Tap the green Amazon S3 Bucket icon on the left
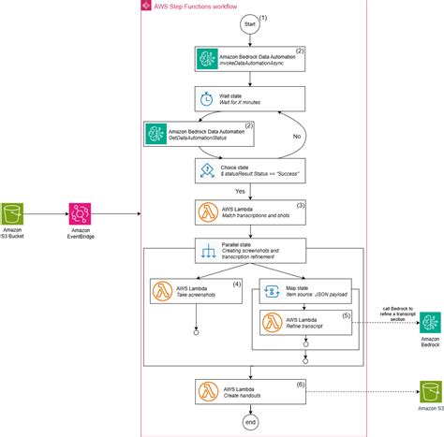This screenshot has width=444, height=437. (14, 213)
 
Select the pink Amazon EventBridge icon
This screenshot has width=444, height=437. (80, 213)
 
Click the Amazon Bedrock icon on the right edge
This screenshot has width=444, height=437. (430, 324)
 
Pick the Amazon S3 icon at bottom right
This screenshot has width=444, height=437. (430, 392)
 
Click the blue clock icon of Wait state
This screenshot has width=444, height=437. (206, 98)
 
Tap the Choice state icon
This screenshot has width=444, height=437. (206, 169)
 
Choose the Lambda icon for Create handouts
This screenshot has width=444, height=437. (206, 391)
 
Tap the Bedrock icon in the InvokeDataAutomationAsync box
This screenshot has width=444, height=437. (206, 60)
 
